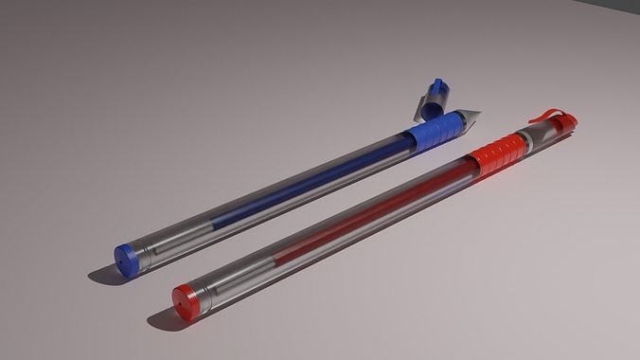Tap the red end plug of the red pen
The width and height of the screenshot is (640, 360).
point(187,298)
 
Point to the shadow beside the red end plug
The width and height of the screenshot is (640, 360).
point(163,320)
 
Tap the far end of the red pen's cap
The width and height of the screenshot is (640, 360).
point(571,121)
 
